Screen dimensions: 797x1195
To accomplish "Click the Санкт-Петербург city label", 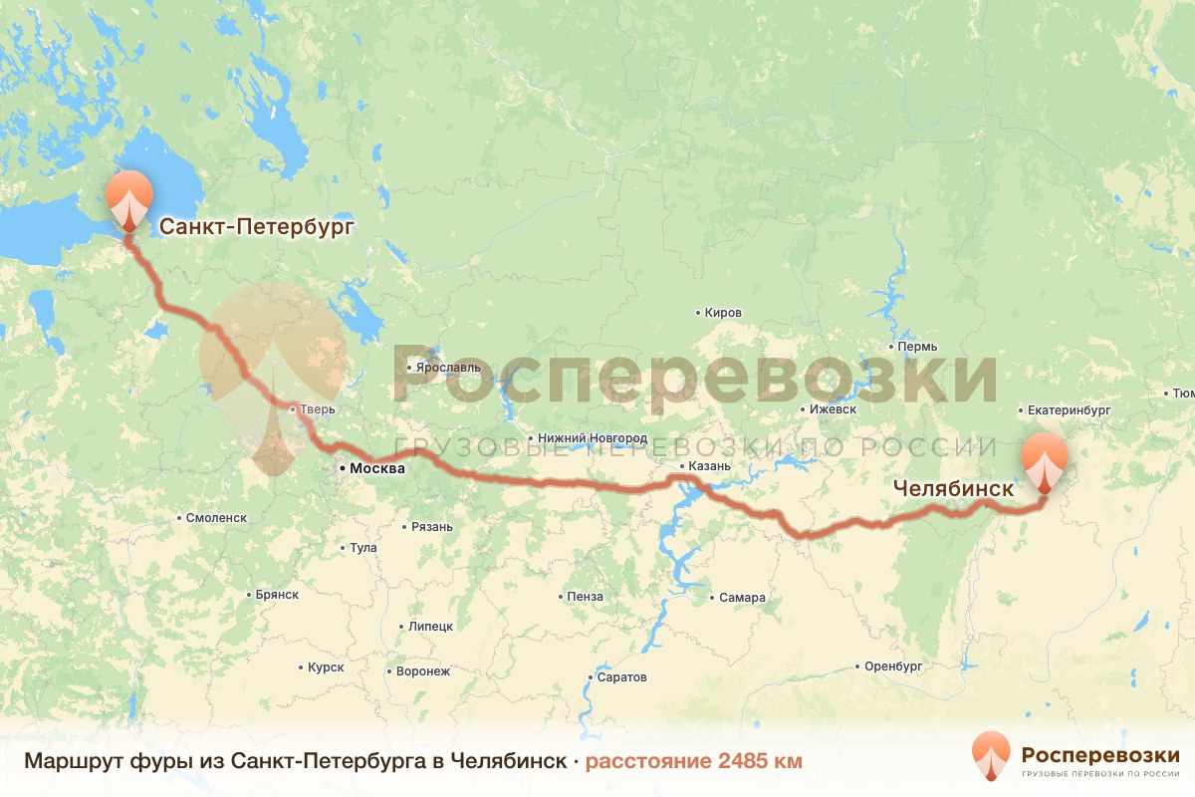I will click(x=257, y=226).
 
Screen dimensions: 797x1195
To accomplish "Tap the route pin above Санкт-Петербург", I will click(x=128, y=199).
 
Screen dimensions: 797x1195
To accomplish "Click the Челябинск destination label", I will click(x=953, y=489).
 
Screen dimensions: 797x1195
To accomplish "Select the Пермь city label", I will click(x=916, y=348).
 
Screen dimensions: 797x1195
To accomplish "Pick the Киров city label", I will click(x=722, y=313).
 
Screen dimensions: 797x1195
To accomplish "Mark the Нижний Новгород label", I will click(x=592, y=438).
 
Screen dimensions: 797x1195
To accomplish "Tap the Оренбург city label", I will click(x=895, y=665).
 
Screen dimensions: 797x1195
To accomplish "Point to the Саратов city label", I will click(x=622, y=677).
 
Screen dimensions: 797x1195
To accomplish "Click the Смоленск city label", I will click(x=216, y=518).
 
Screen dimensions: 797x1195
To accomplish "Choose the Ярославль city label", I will click(x=448, y=367).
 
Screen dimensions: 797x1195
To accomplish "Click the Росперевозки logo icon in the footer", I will click(x=991, y=755).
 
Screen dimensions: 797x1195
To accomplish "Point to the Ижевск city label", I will click(x=833, y=409).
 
